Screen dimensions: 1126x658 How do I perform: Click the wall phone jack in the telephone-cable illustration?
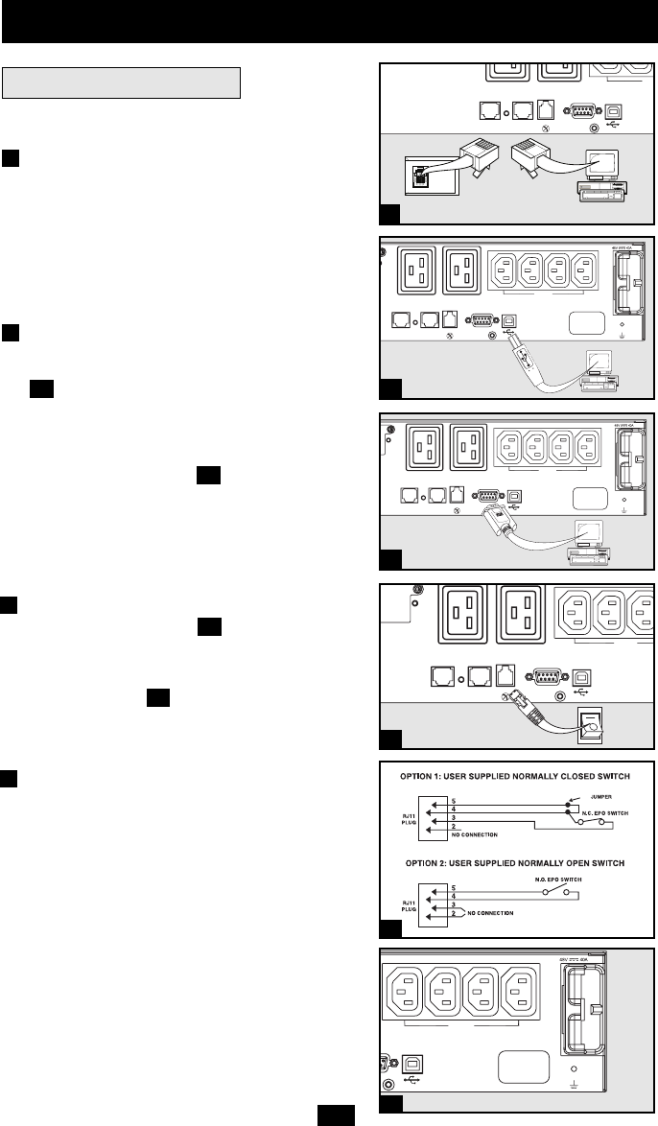tap(420, 176)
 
